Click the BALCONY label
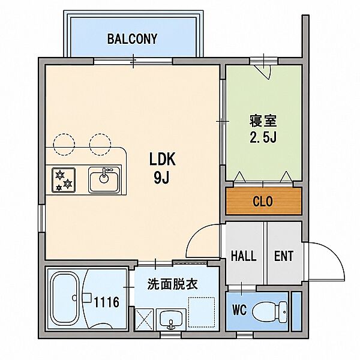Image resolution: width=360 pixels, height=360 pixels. coord(132,38)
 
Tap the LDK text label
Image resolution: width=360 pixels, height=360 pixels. coord(163,159)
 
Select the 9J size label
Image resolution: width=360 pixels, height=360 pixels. coord(161,178)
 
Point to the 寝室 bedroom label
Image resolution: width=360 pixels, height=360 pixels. coord(263,121)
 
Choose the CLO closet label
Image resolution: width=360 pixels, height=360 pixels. coord(263,202)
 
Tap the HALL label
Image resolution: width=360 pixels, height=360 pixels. coord(244,256)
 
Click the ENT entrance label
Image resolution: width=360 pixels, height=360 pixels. coord(284,256)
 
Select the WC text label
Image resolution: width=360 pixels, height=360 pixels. coord(239,310)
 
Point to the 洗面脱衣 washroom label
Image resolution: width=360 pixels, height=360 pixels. coord(172,284)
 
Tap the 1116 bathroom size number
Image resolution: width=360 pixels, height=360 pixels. coord(107,302)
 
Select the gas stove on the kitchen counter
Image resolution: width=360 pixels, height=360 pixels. coord(64,180)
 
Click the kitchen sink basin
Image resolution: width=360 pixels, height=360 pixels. coord(104,180)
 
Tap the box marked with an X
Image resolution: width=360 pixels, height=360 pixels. coord(145,320)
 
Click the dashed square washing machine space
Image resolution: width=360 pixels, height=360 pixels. coord(202,312)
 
